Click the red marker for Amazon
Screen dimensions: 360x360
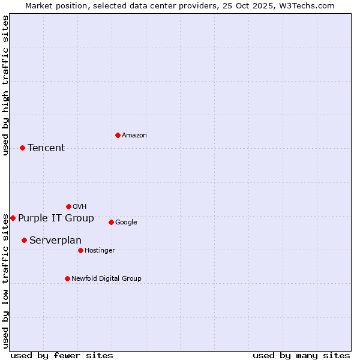[118, 135]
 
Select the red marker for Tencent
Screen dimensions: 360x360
[22, 148]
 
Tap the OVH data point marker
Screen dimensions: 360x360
[68, 206]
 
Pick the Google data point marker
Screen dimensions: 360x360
[111, 222]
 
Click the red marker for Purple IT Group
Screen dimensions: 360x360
[13, 218]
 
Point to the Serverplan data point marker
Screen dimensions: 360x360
[24, 240]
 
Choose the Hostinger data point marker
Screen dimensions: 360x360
[80, 250]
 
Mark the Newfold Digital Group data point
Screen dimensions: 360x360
[67, 278]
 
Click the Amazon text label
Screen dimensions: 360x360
[134, 136]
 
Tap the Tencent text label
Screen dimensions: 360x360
[46, 148]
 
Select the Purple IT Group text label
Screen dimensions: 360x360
[56, 218]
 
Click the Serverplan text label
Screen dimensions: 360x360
[55, 241]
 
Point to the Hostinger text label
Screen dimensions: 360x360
[100, 251]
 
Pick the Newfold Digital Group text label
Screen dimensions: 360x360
[106, 278]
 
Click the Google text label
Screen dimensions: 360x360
[126, 223]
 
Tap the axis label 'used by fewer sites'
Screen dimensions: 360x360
[62, 355]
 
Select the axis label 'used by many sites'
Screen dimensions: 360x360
[301, 355]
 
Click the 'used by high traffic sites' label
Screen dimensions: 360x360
[5, 86]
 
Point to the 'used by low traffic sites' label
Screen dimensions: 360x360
[5, 281]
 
